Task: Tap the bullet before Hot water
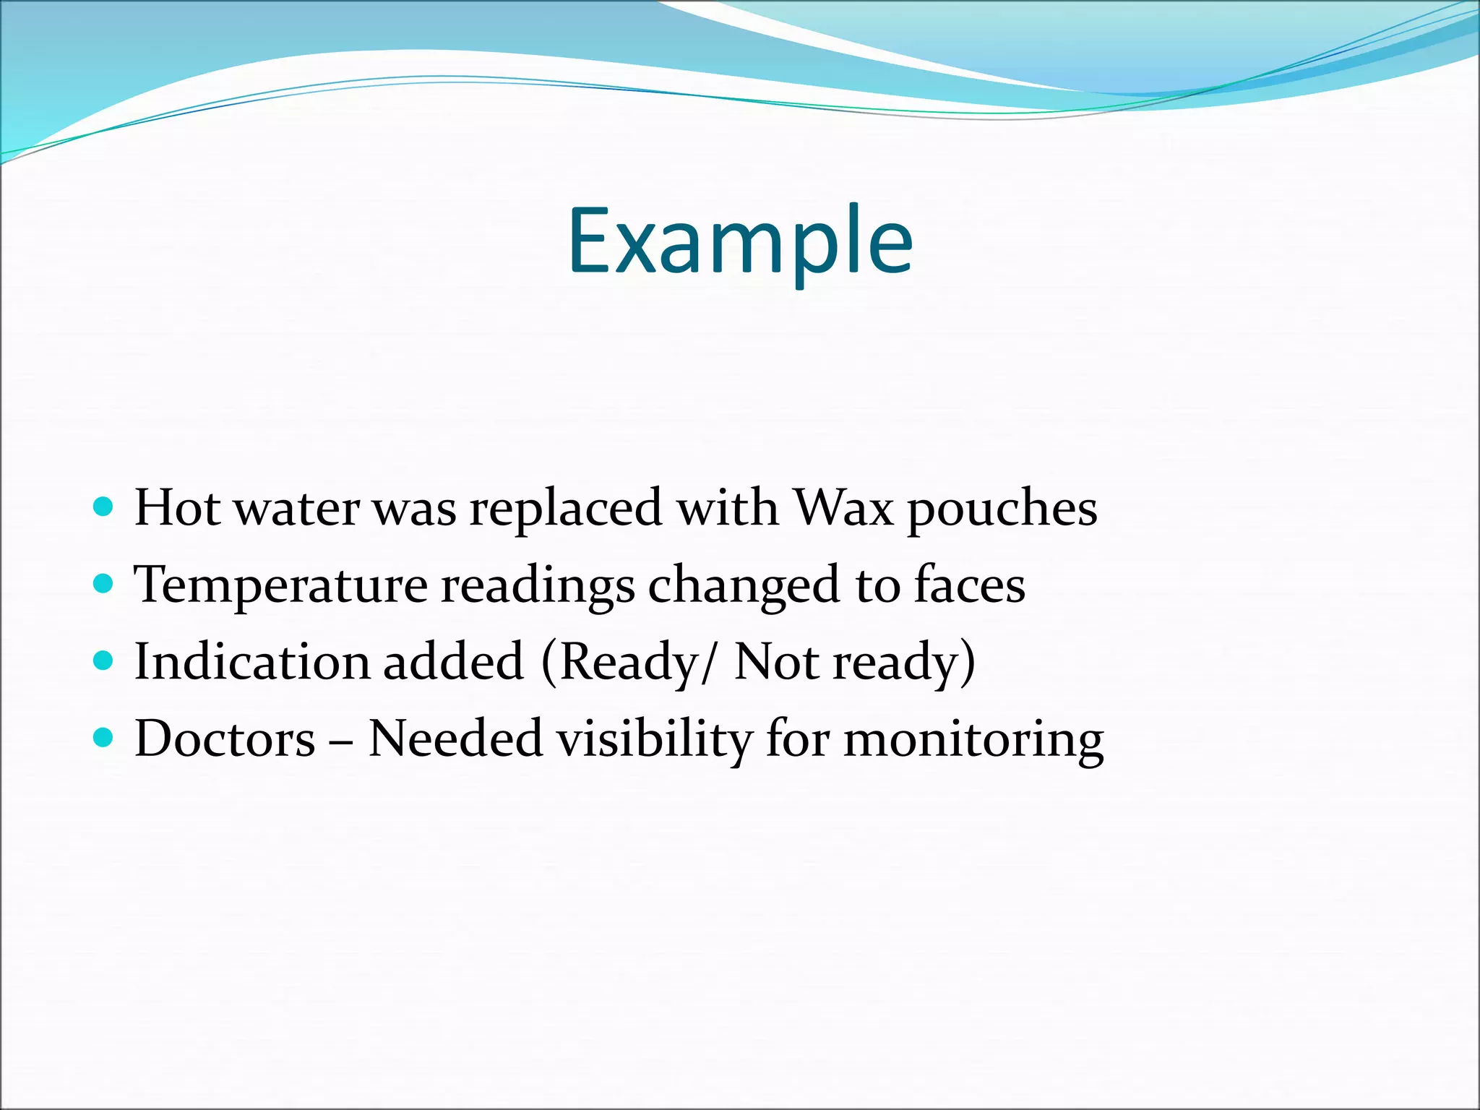coord(104,506)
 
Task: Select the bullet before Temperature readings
coord(104,582)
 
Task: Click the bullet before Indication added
coord(104,660)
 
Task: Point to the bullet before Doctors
coord(104,737)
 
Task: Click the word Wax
coord(843,507)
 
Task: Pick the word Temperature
coord(281,585)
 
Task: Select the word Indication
coord(252,661)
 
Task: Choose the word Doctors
coord(225,739)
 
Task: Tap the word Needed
coord(455,739)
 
